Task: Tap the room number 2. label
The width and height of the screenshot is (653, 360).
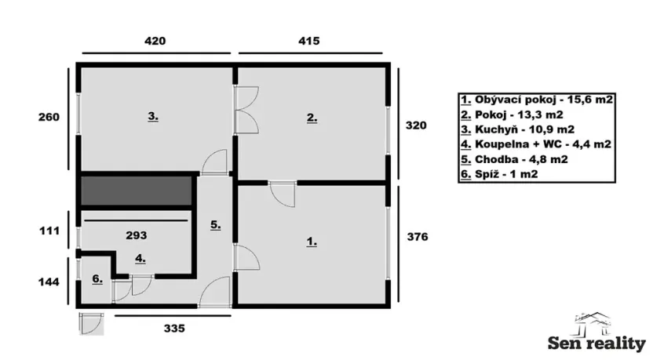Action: click(x=312, y=118)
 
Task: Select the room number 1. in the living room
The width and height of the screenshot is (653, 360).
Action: click(x=312, y=242)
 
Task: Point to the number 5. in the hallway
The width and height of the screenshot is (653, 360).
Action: click(x=215, y=224)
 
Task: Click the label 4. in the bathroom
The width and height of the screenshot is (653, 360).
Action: click(x=139, y=256)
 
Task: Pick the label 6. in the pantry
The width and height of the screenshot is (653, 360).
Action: click(x=97, y=278)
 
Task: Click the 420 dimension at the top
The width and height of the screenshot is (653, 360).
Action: click(x=154, y=40)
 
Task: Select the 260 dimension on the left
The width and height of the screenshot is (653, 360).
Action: click(x=49, y=118)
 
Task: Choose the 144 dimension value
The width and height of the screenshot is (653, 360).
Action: click(x=49, y=280)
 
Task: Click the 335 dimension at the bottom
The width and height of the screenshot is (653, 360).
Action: click(x=174, y=329)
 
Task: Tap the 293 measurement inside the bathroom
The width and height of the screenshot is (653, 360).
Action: click(x=137, y=234)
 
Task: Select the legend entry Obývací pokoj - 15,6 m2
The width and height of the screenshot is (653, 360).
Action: click(x=537, y=100)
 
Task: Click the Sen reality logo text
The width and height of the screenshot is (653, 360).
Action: click(x=596, y=343)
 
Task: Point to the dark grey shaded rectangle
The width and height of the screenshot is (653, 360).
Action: click(x=137, y=191)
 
